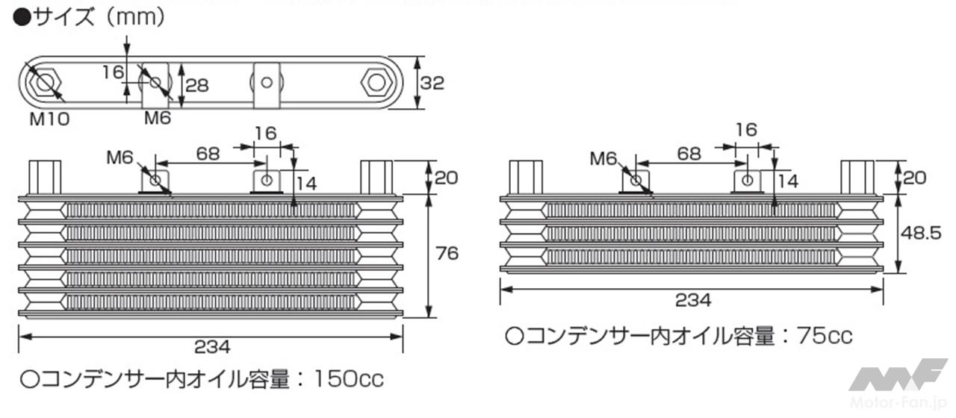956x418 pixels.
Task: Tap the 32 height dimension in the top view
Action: point(432,82)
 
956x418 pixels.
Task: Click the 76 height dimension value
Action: point(446,254)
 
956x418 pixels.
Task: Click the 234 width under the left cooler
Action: point(212,346)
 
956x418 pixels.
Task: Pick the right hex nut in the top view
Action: point(374,82)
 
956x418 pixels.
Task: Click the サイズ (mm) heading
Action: point(90,18)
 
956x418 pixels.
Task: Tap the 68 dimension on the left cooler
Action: point(208,154)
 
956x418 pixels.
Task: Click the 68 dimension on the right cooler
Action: point(689,154)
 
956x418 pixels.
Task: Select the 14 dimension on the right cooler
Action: point(788,181)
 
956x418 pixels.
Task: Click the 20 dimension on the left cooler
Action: point(446,178)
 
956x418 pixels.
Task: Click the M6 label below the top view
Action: point(158,118)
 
